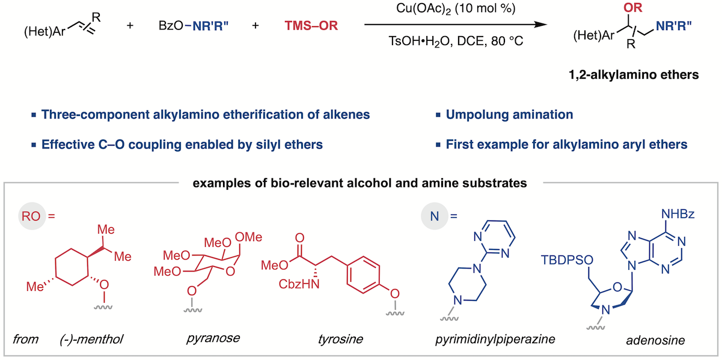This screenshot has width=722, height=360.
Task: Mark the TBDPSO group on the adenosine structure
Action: tap(564, 259)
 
